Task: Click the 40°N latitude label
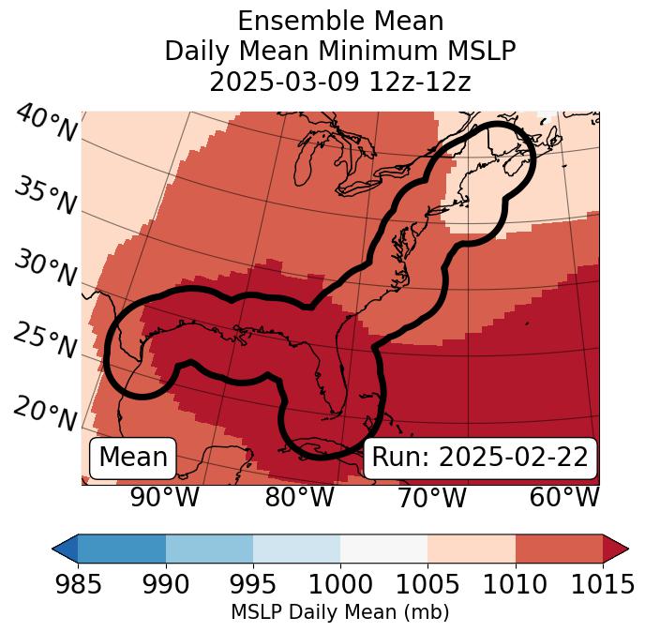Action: click(x=45, y=124)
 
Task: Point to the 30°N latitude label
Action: click(x=45, y=269)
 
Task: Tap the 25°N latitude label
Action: click(x=45, y=340)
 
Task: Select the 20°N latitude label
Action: click(x=45, y=413)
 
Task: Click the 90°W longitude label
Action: click(x=164, y=497)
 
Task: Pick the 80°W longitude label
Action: click(x=299, y=497)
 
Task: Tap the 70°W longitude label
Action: click(x=431, y=497)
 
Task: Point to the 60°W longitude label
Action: click(x=564, y=497)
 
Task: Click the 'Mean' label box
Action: click(x=133, y=458)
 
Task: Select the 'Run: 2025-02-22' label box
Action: click(x=480, y=458)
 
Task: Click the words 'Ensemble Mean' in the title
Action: click(x=340, y=21)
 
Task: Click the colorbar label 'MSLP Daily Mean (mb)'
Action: click(x=340, y=612)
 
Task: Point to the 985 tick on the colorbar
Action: click(x=78, y=585)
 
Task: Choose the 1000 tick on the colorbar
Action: click(x=340, y=585)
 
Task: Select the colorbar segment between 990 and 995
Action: click(x=209, y=549)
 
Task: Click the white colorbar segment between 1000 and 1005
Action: click(x=383, y=549)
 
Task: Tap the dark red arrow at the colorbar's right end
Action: click(x=616, y=549)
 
